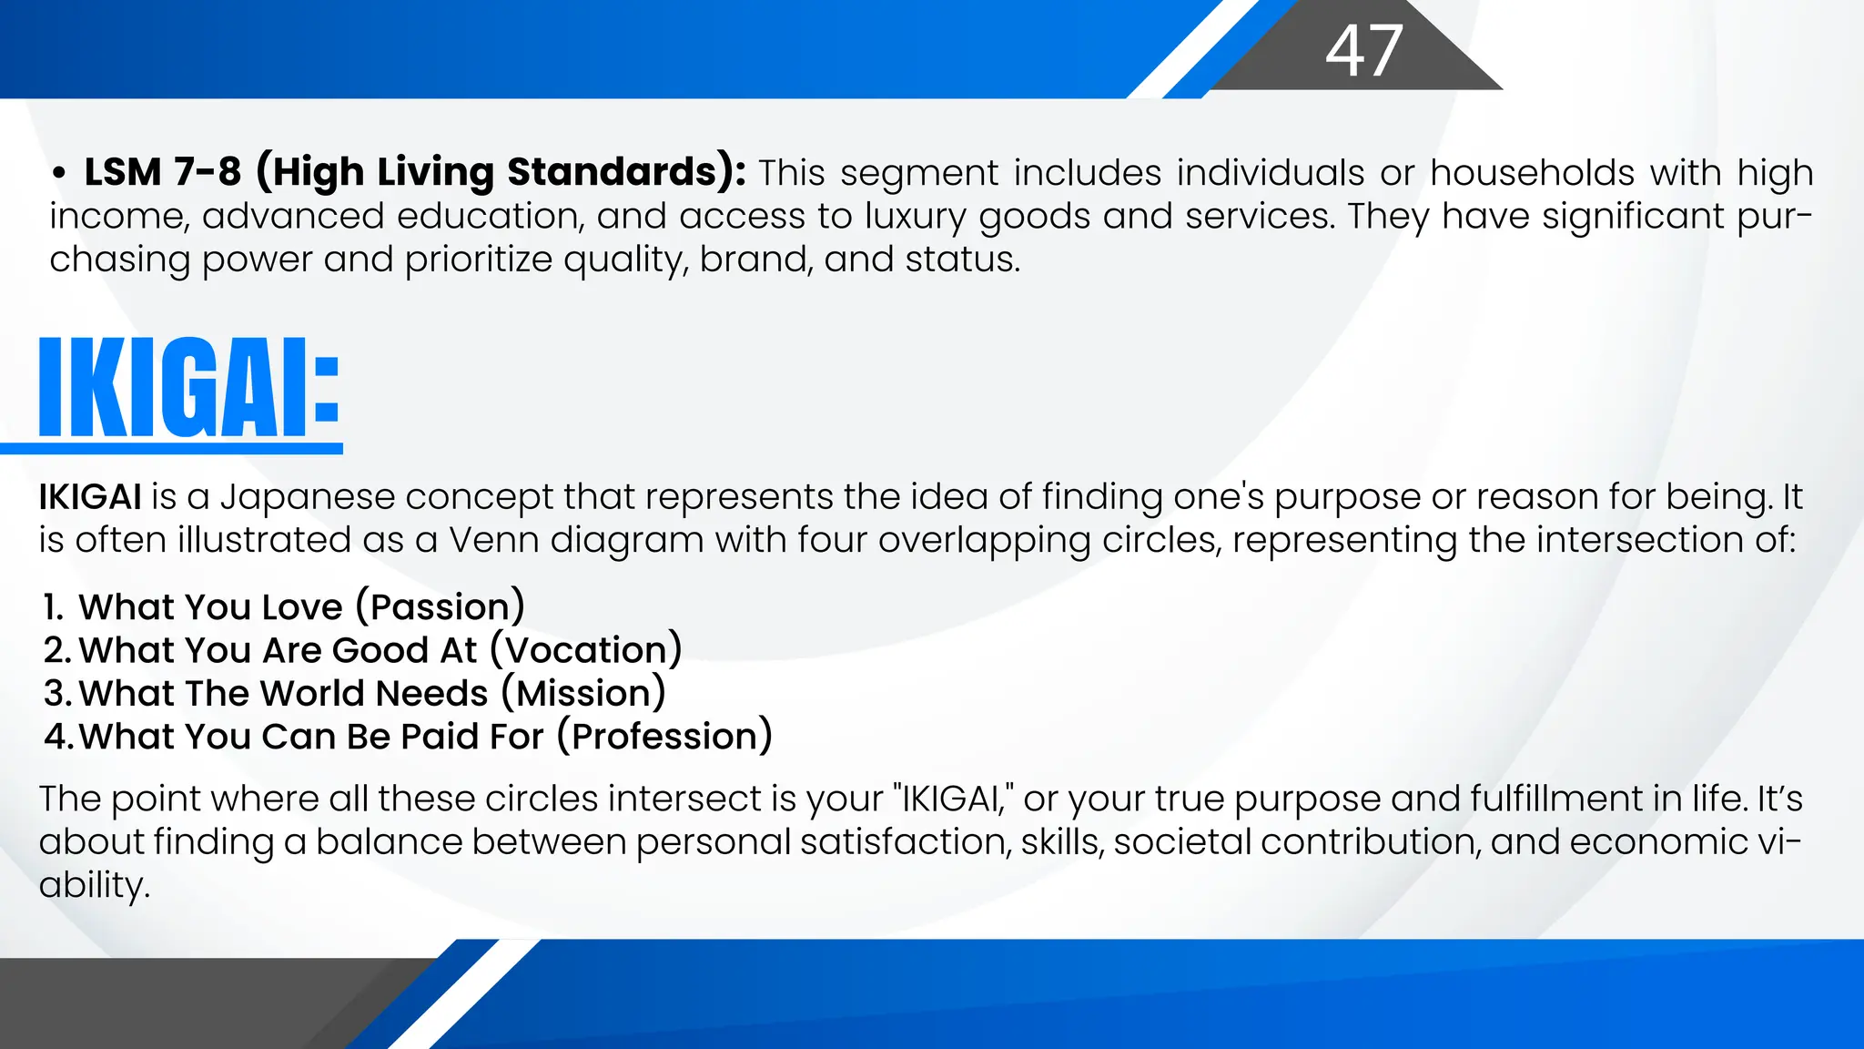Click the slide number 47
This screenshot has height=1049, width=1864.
pos(1363,51)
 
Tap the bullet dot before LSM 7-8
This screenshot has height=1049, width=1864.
pos(59,173)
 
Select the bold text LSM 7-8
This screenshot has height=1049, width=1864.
pos(163,172)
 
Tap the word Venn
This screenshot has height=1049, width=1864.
pos(493,540)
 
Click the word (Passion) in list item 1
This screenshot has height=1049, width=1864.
pos(441,607)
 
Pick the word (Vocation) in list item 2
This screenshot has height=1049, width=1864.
pos(586,650)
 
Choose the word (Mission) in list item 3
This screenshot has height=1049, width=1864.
pos(583,694)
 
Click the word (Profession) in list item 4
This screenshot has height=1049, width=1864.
pos(665,737)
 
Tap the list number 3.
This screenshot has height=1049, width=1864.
pos(56,694)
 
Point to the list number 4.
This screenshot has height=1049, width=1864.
pos(57,737)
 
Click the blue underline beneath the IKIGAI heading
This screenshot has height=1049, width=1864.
pos(172,448)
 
